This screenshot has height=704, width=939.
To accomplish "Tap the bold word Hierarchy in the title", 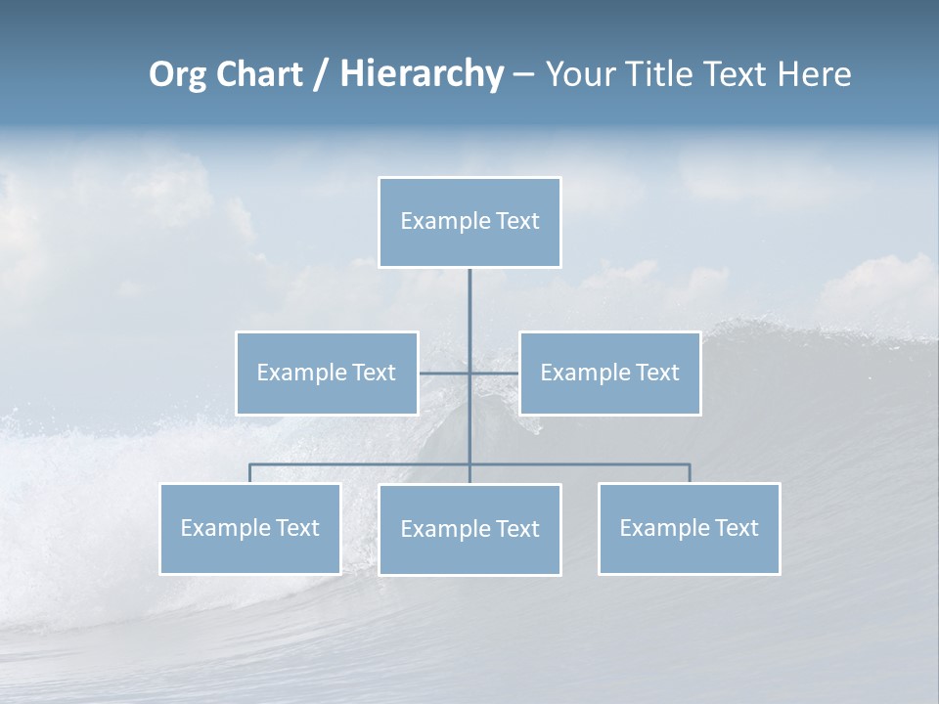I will point(422,74).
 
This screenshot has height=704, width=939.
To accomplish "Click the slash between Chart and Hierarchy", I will point(321,75).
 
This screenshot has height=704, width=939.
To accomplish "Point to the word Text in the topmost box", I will point(517,221).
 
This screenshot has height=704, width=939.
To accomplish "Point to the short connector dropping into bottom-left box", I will point(250,473).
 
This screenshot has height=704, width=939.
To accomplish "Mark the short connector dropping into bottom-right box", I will point(690,473).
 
